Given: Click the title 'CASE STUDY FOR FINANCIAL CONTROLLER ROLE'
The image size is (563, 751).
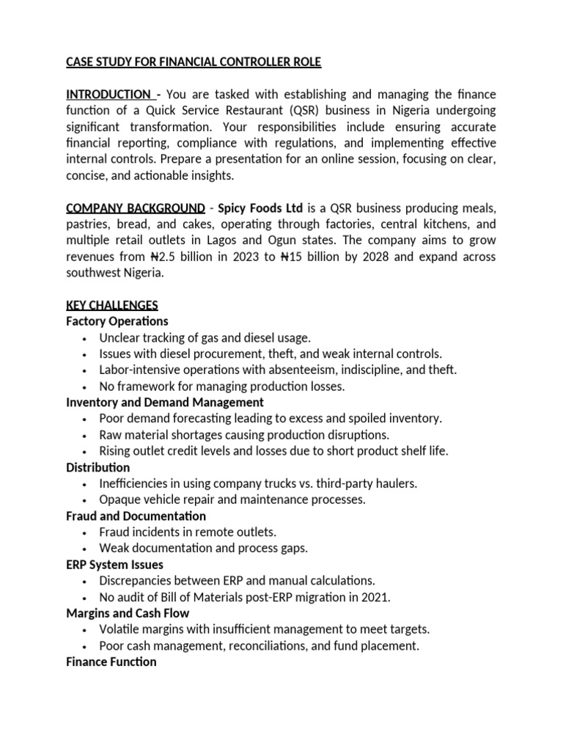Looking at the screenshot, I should pos(194,62).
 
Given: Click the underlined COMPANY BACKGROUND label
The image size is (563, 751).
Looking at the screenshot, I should pos(135,208).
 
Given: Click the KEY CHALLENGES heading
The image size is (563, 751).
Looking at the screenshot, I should pos(111,305).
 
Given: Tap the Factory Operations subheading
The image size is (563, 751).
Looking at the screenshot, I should pos(117,321).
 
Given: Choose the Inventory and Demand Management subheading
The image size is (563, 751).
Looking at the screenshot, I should pos(165,403).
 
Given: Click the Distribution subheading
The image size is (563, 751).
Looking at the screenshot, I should pos(97,467).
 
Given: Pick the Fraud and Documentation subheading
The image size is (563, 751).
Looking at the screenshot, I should pos(136,516).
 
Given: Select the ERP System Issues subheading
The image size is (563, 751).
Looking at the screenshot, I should pos(114,565).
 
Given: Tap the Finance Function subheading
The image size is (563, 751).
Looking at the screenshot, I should pos(111,662).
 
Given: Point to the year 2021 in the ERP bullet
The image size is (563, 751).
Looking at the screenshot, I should pos(376,597).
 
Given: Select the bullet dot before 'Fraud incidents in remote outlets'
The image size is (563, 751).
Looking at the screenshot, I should pos(86,532).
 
